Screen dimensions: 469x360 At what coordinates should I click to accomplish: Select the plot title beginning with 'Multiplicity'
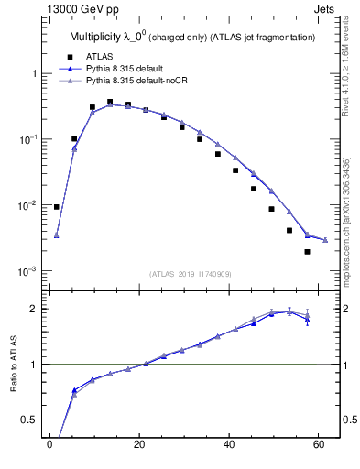coord(192,37)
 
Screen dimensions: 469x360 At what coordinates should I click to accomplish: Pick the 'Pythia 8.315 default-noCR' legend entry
coord(141,81)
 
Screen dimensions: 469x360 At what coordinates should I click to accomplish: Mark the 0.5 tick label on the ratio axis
coord(31,420)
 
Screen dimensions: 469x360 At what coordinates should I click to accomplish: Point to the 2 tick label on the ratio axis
coord(35,309)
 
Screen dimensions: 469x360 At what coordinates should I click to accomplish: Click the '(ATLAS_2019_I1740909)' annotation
coord(191,273)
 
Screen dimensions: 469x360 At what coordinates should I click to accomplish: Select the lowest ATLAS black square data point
coord(307,252)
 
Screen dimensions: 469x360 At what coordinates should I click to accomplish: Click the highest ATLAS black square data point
coord(110,102)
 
